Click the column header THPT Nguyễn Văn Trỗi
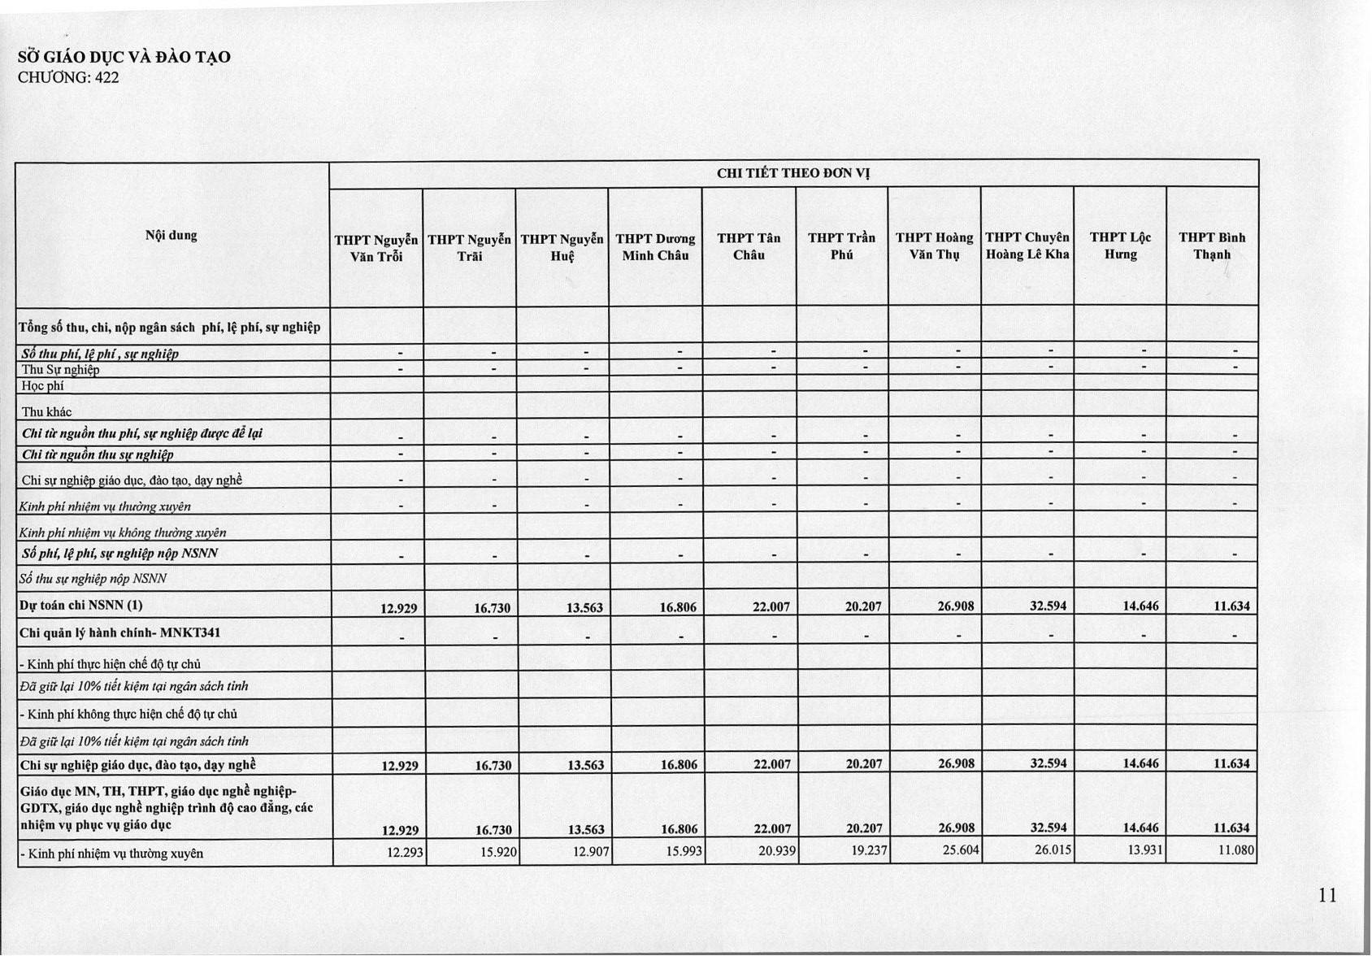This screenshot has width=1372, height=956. click(x=376, y=248)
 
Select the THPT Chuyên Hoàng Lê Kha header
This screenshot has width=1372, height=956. click(x=1027, y=246)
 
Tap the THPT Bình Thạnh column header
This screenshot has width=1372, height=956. click(x=1212, y=246)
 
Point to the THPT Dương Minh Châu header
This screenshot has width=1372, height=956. click(x=655, y=246)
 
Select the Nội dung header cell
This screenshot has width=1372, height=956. click(x=171, y=236)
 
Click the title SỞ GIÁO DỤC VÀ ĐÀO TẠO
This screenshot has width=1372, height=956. click(x=124, y=57)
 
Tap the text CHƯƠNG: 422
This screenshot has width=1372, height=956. click(x=68, y=78)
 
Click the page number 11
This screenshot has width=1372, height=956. click(x=1327, y=895)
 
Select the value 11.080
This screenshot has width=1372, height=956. click(x=1236, y=850)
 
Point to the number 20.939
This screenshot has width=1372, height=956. click(x=776, y=851)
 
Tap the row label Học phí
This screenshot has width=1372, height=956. click(x=43, y=386)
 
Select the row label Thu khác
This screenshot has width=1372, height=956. click(x=47, y=412)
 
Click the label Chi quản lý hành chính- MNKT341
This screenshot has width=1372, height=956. click(x=120, y=632)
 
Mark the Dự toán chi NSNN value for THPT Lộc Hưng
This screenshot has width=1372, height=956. click(x=1141, y=606)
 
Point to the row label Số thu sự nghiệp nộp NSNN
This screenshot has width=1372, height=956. click(x=93, y=579)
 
